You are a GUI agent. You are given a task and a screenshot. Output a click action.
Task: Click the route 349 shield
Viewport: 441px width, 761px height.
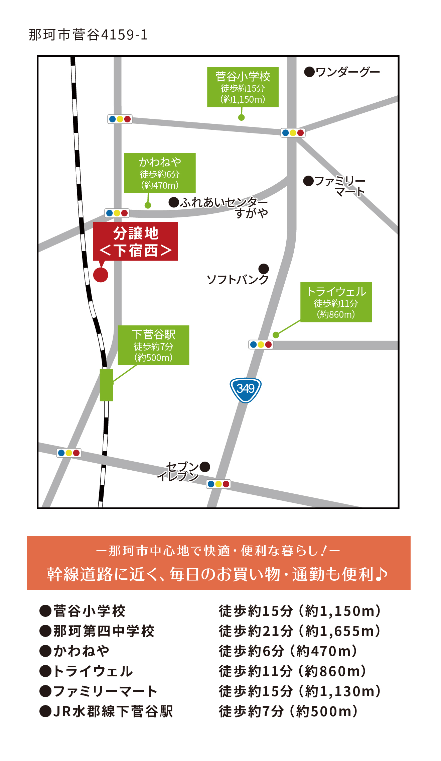(x=246, y=389)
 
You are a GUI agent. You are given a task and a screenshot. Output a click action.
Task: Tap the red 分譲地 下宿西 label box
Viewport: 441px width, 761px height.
(x=135, y=241)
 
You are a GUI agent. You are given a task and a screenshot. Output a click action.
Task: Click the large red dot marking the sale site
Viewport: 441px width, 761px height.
(x=101, y=275)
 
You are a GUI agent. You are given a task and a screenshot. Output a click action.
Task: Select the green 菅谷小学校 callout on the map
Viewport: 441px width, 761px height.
(x=243, y=87)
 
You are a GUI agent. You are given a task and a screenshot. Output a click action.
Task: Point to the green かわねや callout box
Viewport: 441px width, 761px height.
(x=160, y=173)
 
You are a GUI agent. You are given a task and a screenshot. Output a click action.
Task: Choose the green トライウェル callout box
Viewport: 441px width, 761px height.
(x=336, y=302)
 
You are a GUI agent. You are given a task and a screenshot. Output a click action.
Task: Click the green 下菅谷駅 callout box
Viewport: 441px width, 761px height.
(x=153, y=345)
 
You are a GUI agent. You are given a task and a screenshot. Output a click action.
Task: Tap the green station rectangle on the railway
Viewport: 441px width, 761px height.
(x=106, y=385)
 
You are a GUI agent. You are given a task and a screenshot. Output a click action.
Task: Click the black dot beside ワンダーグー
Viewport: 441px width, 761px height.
(x=309, y=72)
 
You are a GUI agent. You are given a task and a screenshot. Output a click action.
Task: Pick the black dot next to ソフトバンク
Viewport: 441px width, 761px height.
(x=264, y=268)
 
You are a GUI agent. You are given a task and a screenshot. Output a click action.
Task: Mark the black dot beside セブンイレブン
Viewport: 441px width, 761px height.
(x=205, y=467)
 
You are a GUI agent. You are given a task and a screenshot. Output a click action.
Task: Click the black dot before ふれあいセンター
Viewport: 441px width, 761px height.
(x=174, y=202)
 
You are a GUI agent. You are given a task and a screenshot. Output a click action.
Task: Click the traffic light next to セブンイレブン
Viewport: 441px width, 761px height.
(x=218, y=484)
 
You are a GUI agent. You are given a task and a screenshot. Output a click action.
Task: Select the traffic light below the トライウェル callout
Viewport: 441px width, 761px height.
(x=261, y=345)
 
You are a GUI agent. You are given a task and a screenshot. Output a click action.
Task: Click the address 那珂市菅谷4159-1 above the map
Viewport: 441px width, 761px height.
(x=88, y=35)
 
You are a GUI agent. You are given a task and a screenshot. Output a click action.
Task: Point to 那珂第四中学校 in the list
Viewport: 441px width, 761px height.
(x=104, y=631)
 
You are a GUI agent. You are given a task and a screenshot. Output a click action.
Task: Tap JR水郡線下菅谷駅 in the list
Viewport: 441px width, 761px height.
(x=113, y=711)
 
